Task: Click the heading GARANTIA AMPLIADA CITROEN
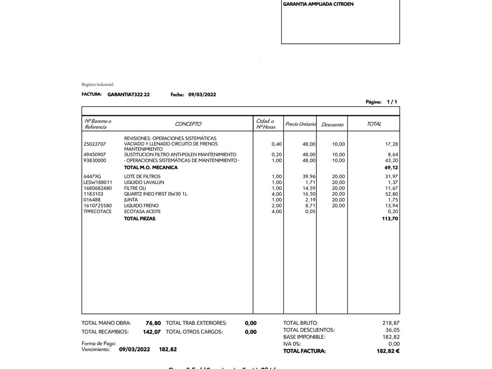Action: [x=318, y=4]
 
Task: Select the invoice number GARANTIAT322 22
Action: [x=128, y=95]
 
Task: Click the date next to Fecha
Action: [x=202, y=95]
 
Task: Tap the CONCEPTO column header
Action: [x=188, y=124]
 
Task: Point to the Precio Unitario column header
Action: [x=300, y=124]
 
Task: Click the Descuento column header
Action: [x=332, y=125]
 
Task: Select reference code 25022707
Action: [x=95, y=144]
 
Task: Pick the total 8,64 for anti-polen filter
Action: [x=393, y=155]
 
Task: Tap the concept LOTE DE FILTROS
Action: [x=142, y=177]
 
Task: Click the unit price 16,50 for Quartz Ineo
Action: [x=309, y=194]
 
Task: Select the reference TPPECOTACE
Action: [x=97, y=211]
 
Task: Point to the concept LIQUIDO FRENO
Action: [x=141, y=206]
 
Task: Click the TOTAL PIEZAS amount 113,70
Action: [x=390, y=219]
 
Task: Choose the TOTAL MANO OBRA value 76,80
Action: [x=153, y=323]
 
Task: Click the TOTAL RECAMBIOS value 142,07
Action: [x=152, y=332]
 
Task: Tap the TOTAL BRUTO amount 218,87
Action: [x=391, y=323]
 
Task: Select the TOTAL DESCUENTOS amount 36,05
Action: [x=392, y=330]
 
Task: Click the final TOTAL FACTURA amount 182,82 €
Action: [x=388, y=351]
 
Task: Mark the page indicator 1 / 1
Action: [x=392, y=102]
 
